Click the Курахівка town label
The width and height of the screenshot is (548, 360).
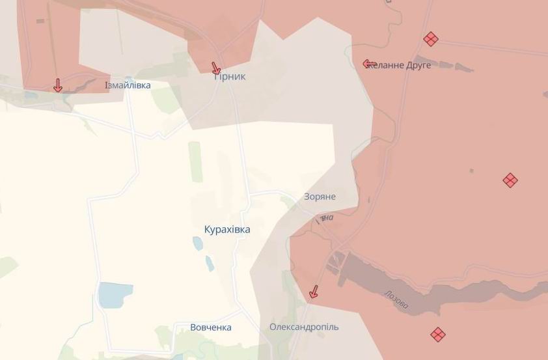tap(226, 230)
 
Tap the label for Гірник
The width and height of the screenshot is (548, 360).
tap(230, 77)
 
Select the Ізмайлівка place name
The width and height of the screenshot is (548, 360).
tap(128, 85)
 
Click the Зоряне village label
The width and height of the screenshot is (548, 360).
tap(320, 197)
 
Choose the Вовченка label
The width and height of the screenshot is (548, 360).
tap(211, 327)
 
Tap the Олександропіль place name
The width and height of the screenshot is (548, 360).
tap(304, 327)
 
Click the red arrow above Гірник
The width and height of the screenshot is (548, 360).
tap(216, 68)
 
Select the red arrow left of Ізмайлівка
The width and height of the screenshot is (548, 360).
tap(57, 85)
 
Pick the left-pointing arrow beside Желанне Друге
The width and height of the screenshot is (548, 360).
tap(370, 64)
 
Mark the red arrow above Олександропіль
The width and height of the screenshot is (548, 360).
tap(314, 292)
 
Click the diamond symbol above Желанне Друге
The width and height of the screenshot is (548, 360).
tap(430, 39)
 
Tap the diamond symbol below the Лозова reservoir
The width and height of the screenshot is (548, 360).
tap(438, 335)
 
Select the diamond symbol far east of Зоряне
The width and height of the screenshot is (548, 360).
tap(510, 180)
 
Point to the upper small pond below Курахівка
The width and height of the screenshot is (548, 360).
tap(197, 243)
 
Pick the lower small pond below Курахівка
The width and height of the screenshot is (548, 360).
tap(210, 263)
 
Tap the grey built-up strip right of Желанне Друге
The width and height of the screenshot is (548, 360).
tap(449, 65)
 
